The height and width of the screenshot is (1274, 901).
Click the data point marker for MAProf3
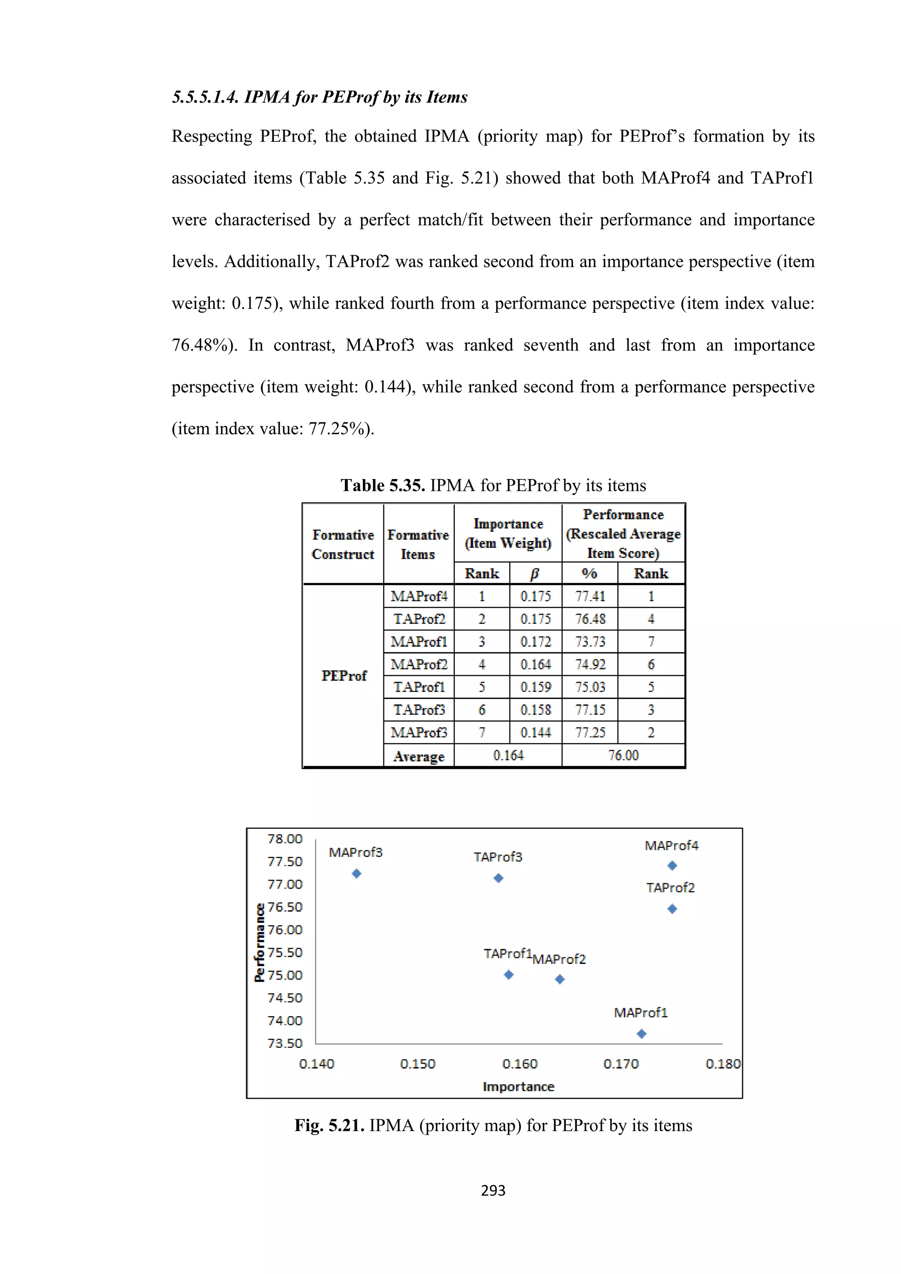pyautogui.click(x=357, y=873)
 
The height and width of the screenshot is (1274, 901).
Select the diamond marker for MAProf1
pyautogui.click(x=641, y=1033)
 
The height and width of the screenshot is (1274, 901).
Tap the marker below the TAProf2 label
pyautogui.click(x=672, y=908)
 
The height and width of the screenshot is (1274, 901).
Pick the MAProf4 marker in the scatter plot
pyautogui.click(x=672, y=865)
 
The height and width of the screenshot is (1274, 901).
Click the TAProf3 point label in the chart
pyautogui.click(x=498, y=857)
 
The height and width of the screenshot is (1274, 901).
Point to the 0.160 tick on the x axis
pyautogui.click(x=520, y=1064)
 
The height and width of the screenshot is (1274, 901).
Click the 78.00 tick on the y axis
pyautogui.click(x=285, y=838)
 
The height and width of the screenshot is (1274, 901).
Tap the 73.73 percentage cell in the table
pyautogui.click(x=590, y=641)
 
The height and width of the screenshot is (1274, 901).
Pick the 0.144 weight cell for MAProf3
pyautogui.click(x=535, y=732)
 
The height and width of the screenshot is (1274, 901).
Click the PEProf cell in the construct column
pyautogui.click(x=344, y=675)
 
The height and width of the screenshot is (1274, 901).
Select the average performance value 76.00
pyautogui.click(x=623, y=755)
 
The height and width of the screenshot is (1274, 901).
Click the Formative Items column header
pyautogui.click(x=418, y=544)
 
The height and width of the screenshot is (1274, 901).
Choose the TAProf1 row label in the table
pyautogui.click(x=419, y=687)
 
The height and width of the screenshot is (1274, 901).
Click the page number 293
pyautogui.click(x=493, y=1190)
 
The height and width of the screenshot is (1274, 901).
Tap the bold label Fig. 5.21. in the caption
pyautogui.click(x=329, y=1125)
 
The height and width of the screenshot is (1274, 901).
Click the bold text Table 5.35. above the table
pyautogui.click(x=382, y=486)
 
